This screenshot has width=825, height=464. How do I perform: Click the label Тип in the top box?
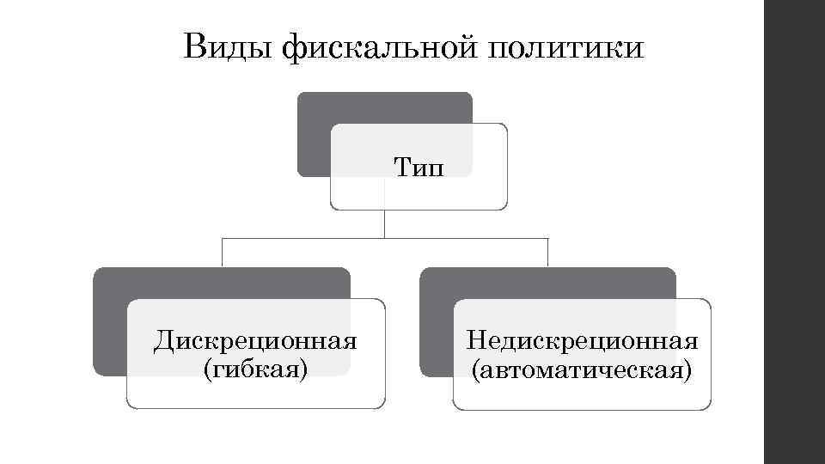click(x=419, y=165)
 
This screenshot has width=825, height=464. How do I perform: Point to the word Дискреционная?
click(x=255, y=341)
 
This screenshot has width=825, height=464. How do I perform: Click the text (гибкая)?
click(x=255, y=369)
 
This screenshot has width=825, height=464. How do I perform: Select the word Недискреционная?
click(x=582, y=341)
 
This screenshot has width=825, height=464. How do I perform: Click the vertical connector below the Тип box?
click(x=385, y=223)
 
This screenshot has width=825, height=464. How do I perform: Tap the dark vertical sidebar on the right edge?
click(x=794, y=232)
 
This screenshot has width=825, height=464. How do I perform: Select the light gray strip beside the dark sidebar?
click(x=755, y=232)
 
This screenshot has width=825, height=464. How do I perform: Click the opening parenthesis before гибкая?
click(x=205, y=370)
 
